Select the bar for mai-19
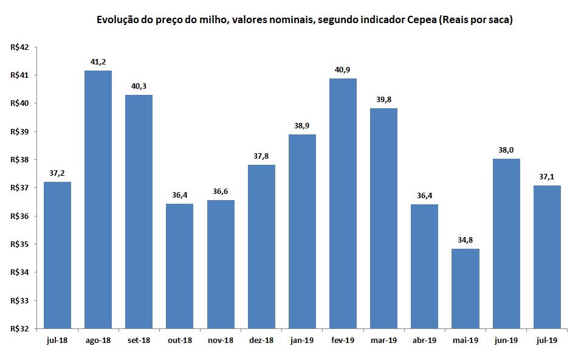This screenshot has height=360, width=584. pyautogui.click(x=465, y=288)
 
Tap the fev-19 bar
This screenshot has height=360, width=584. pyautogui.click(x=343, y=203)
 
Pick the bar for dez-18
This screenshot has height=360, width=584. pyautogui.click(x=261, y=246)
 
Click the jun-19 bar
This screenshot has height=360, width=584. pyautogui.click(x=506, y=243)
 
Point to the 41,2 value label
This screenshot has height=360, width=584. pyautogui.click(x=98, y=61)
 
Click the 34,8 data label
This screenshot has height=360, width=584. pyautogui.click(x=465, y=240)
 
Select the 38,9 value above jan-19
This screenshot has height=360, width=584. pyautogui.click(x=302, y=125)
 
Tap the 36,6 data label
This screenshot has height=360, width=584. pyautogui.click(x=220, y=191)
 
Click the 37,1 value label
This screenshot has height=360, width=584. pyautogui.click(x=547, y=176)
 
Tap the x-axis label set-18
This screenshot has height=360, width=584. pyautogui.click(x=139, y=341)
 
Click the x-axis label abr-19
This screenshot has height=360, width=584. pyautogui.click(x=424, y=341)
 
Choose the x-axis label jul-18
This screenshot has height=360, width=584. pyautogui.click(x=57, y=341)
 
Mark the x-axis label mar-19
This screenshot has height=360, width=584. pyautogui.click(x=383, y=341)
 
